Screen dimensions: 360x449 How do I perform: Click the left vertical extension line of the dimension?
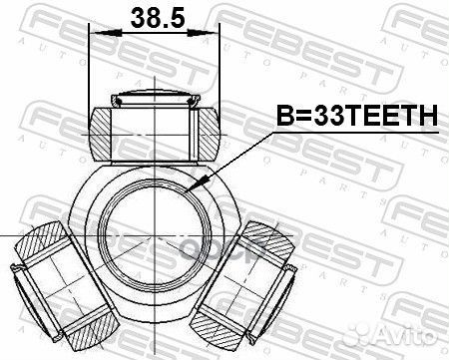click(x=90, y=70)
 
